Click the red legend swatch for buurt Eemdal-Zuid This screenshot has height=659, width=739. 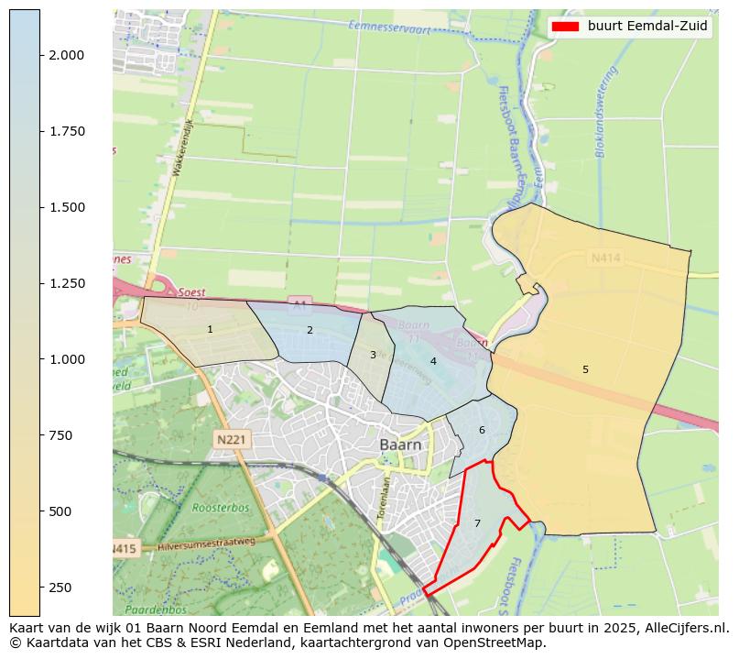[x=566, y=27]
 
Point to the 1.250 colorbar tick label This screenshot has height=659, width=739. [x=67, y=283]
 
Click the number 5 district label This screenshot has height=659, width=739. [x=585, y=369]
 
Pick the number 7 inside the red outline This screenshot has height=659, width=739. [x=477, y=523]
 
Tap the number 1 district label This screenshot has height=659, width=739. [x=210, y=329]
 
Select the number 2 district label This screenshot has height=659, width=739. [x=310, y=330]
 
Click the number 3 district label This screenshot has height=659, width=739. [x=373, y=355]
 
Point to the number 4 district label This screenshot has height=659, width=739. [x=433, y=361]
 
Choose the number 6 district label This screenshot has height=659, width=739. [x=482, y=430]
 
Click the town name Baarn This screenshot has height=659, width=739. [x=401, y=445]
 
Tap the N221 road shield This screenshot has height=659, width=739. [x=233, y=440]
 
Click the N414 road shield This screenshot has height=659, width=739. [x=605, y=259]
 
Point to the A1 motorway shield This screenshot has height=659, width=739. [x=299, y=302]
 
